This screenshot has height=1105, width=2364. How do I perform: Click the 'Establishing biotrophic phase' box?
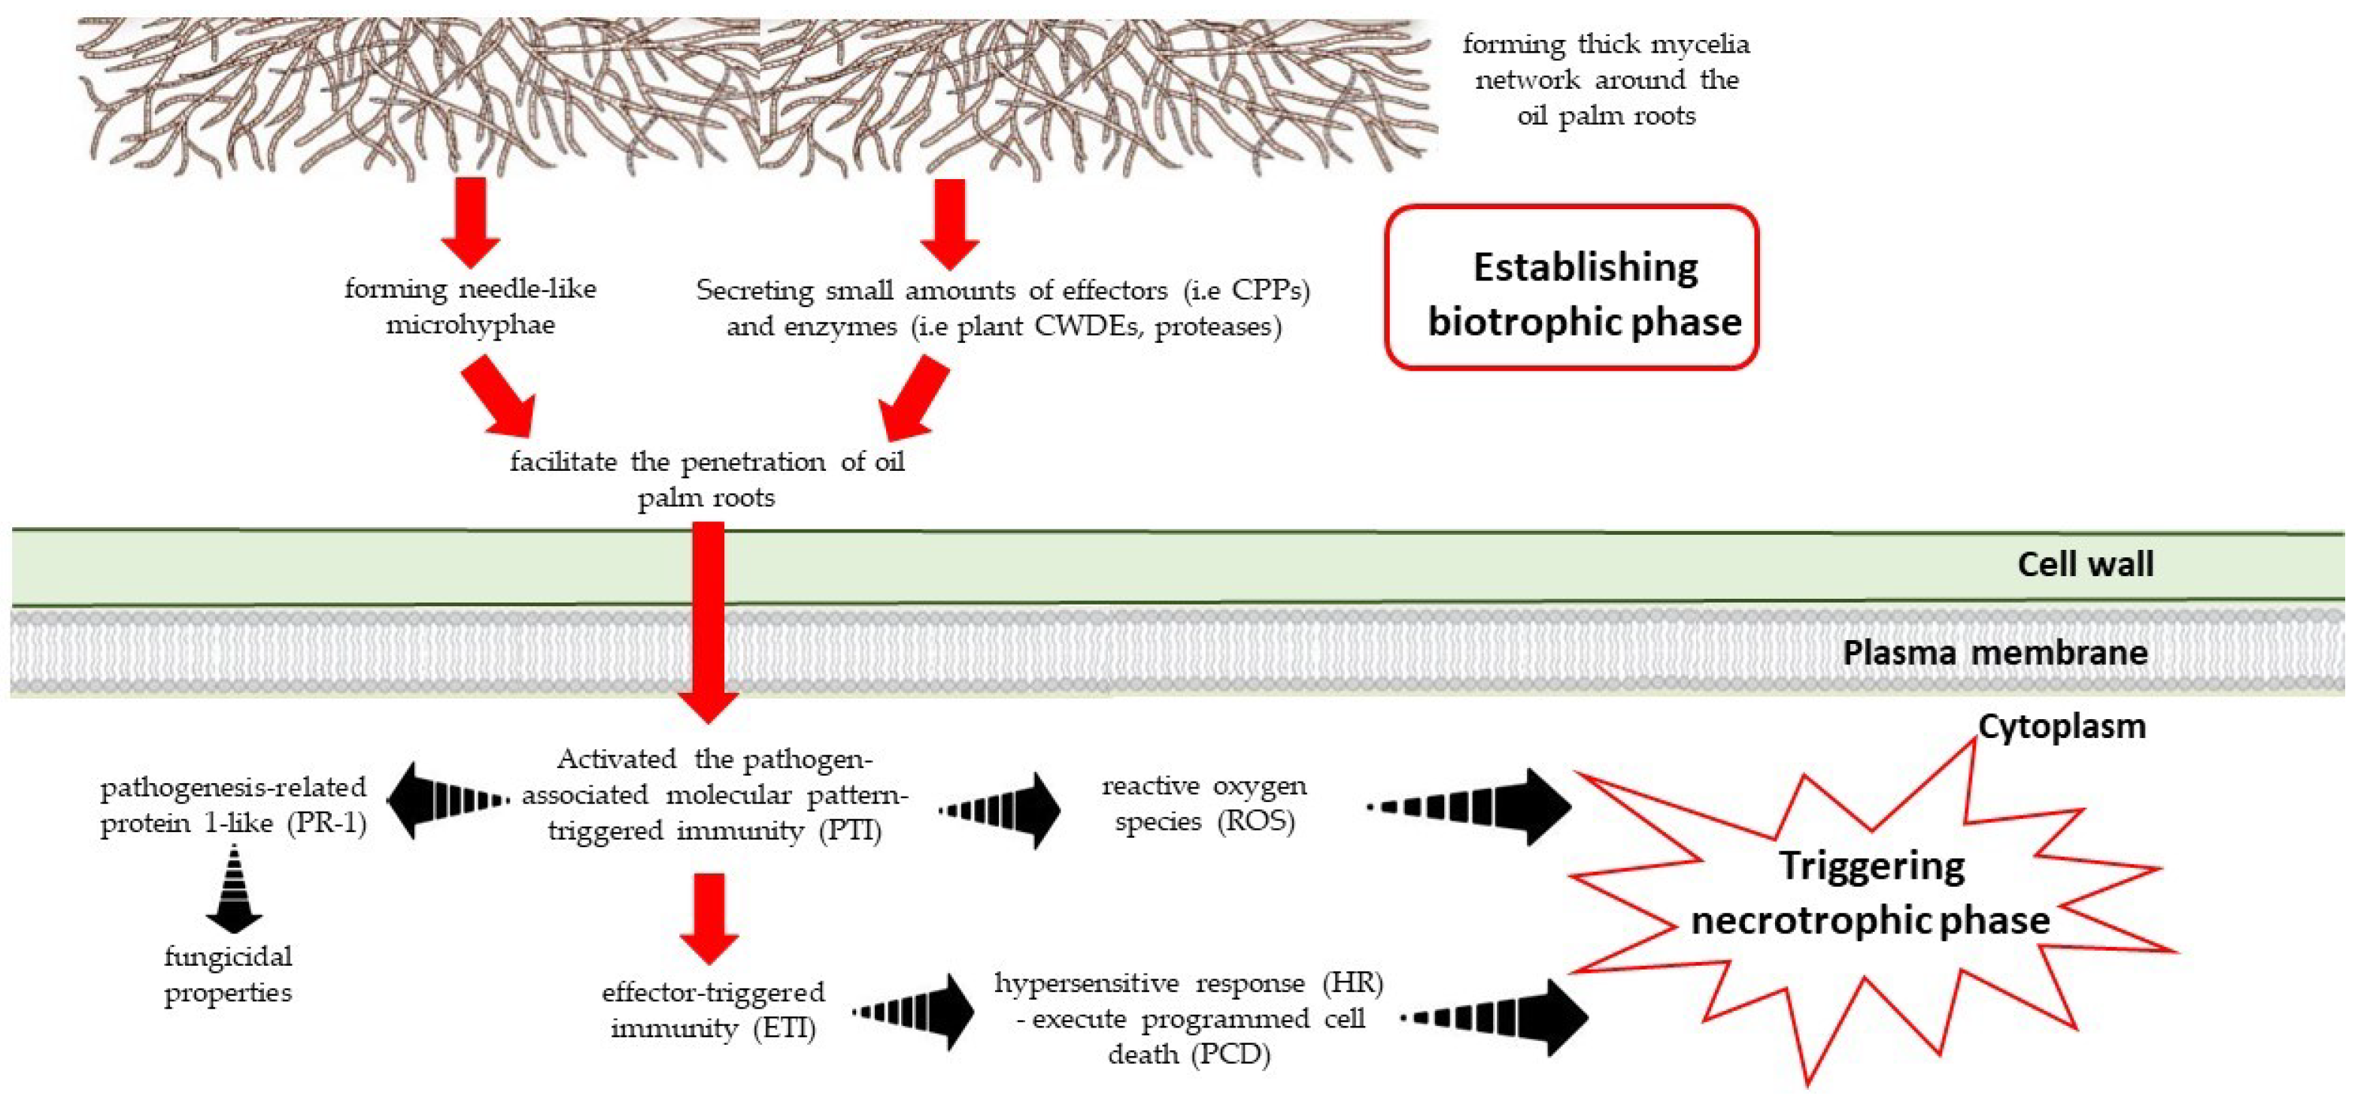click(x=1571, y=288)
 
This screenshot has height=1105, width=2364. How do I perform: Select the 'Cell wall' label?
click(x=2085, y=564)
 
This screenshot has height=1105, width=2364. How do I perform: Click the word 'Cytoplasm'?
click(x=2061, y=727)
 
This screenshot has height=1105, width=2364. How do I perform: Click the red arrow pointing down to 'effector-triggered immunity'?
click(x=709, y=918)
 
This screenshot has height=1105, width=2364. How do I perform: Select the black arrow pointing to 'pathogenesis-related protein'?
click(x=447, y=800)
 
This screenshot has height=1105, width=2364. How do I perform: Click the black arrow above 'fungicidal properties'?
click(x=234, y=888)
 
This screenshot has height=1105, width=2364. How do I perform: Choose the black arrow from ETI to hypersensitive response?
click(x=915, y=1012)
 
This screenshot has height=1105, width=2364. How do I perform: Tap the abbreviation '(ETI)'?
click(x=785, y=1029)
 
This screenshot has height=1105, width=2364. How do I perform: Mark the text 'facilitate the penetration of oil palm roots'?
click(x=706, y=479)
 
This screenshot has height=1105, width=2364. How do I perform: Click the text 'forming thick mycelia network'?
click(x=1606, y=62)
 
